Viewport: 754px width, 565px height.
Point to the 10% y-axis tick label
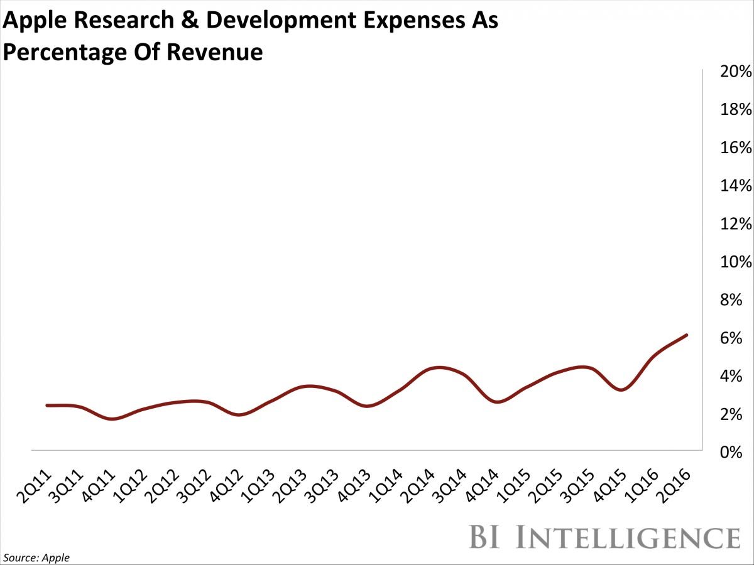(736, 262)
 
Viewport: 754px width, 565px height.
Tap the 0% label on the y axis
(740, 452)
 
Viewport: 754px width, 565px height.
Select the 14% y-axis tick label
(736, 186)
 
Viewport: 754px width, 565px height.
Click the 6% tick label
(740, 338)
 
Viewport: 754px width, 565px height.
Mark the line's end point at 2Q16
(687, 335)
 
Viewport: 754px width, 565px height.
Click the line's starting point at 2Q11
(48, 406)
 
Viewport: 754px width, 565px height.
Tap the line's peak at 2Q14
(439, 367)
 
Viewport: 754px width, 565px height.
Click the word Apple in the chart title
(37, 22)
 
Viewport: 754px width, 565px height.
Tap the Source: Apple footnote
(36, 557)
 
